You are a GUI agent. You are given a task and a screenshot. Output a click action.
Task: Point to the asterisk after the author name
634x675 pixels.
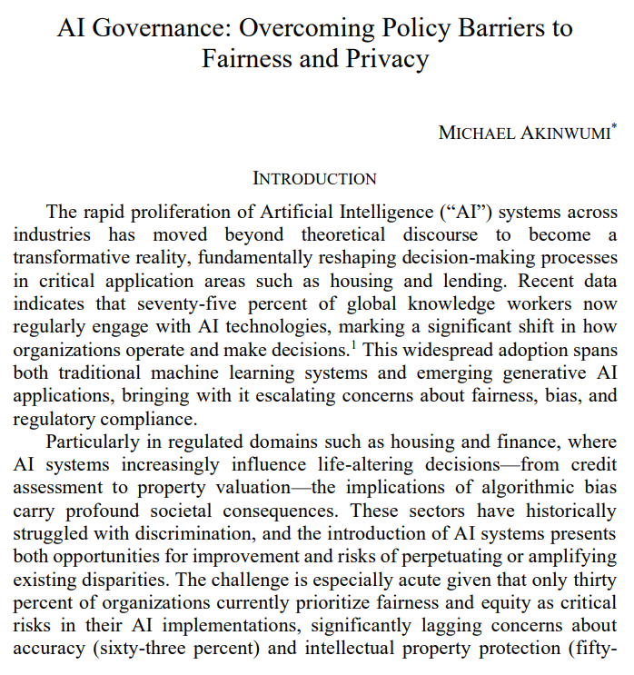614,128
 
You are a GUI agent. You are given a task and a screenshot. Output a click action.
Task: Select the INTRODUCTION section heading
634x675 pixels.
314,179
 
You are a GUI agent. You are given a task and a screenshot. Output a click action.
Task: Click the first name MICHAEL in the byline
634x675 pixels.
471,133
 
